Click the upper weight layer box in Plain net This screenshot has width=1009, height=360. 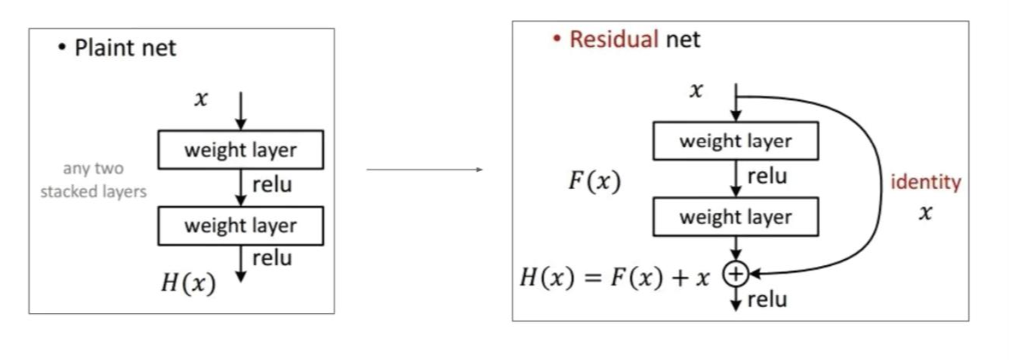coord(240,150)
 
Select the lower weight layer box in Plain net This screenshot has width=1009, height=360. coord(240,226)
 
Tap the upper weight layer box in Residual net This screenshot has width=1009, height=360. coord(735,141)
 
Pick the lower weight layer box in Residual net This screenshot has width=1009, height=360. coord(735,217)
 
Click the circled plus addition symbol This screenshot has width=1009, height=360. coord(735,273)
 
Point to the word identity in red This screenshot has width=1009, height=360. coord(926,183)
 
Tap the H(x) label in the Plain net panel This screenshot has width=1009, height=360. coord(188,284)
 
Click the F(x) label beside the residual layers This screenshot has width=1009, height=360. coord(594,183)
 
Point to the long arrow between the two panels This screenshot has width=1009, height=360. coord(424,170)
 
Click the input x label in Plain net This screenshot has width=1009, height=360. coord(200,99)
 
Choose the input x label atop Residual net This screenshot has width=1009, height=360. coord(696,91)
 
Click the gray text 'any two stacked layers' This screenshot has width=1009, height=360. coord(93,180)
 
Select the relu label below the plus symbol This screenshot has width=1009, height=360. coord(767,299)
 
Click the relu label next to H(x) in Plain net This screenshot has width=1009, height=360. coord(272,258)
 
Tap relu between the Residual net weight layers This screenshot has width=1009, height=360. coord(767,177)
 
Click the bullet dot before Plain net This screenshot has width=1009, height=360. coord(62,48)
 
